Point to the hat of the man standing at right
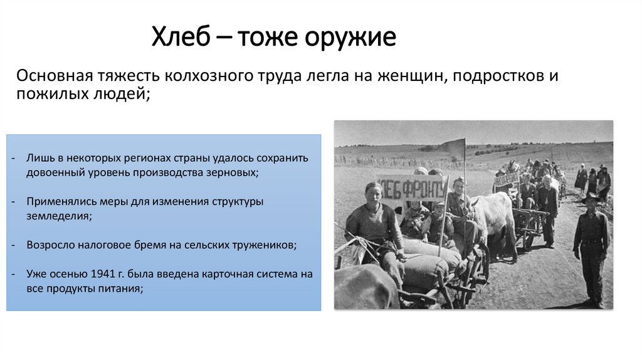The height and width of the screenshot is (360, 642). (x=590, y=198)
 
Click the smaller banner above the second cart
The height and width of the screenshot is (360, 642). (x=507, y=178)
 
